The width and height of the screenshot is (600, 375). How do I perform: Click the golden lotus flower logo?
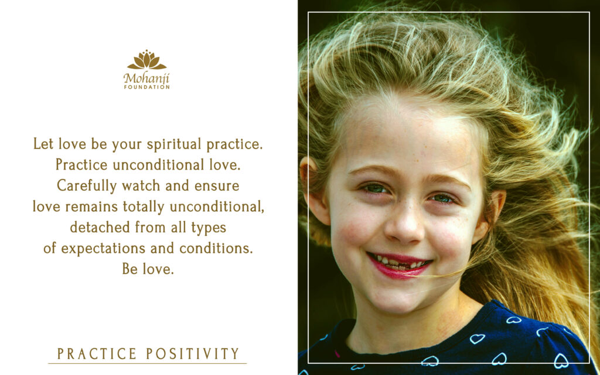coord(147,60)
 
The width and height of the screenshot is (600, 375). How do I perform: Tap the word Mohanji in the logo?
coord(146,79)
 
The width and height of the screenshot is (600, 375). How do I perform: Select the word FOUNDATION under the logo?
coord(146,87)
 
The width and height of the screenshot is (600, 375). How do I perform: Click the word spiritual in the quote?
coord(174,145)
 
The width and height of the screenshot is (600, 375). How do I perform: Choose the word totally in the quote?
coord(144,207)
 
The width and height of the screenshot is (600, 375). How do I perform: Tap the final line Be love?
coord(148,269)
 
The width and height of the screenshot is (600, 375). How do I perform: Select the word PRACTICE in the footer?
coord(97,353)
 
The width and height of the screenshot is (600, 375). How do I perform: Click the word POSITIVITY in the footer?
coord(193,353)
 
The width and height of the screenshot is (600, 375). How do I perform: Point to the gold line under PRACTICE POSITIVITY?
coord(147,363)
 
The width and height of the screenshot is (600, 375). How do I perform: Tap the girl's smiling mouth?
coord(399,264)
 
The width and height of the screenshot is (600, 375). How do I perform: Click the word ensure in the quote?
coord(217,186)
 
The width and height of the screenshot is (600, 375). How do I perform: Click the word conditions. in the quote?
coord(216,248)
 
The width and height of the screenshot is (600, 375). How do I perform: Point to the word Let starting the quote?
coord(43,144)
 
